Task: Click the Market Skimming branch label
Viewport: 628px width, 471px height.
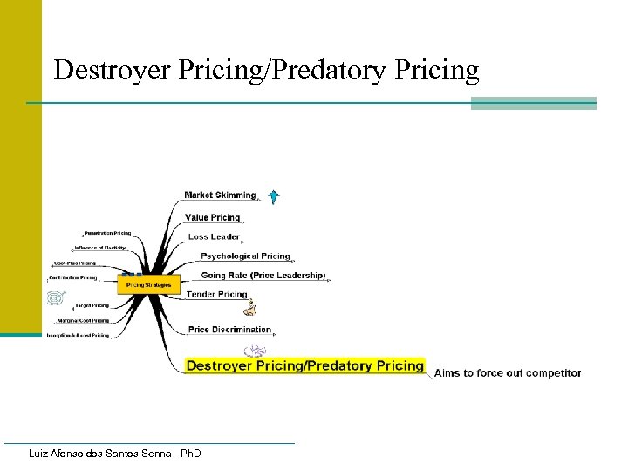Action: pos(220,195)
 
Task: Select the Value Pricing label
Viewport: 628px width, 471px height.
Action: pos(212,217)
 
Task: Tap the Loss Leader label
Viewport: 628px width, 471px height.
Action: pos(214,236)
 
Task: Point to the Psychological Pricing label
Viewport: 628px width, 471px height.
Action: pos(245,256)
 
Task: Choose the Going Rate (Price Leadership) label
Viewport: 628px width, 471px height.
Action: pos(263,276)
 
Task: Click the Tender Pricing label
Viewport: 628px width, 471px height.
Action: pos(217,295)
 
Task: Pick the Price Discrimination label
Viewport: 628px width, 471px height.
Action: pos(229,330)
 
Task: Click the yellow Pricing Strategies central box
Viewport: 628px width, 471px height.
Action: pos(150,284)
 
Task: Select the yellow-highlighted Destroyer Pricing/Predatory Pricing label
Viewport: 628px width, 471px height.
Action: pos(304,365)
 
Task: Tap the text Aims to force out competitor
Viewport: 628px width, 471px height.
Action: pos(508,373)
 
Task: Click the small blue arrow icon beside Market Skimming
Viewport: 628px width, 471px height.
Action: pos(273,196)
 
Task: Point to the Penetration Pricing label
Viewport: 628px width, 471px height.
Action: pos(107,234)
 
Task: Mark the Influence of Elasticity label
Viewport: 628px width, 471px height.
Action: pos(100,248)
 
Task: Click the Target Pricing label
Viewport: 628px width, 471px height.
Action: pos(92,305)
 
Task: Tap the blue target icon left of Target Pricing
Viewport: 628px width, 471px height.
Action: pos(55,298)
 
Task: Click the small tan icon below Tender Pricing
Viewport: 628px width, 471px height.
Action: pos(251,308)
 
